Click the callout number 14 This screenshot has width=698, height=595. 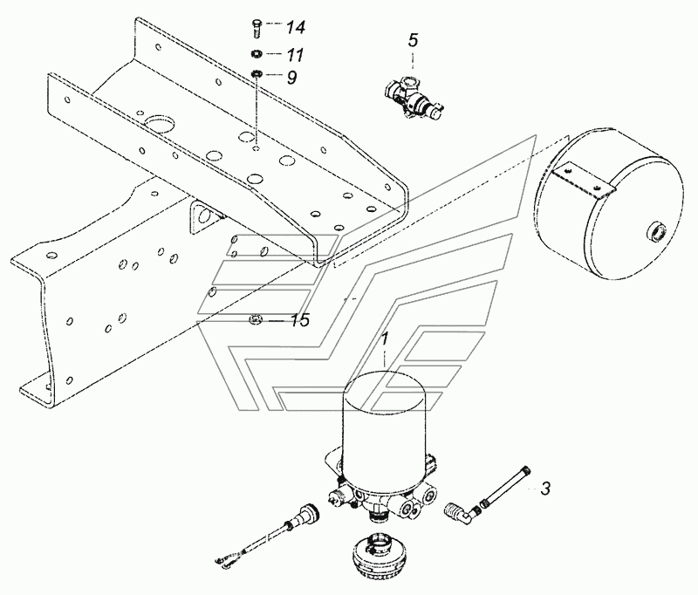point(295,27)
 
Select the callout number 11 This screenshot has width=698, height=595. point(294,55)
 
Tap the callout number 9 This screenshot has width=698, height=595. point(291,78)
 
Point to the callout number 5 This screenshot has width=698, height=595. point(413,40)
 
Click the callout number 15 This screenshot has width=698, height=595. point(300,320)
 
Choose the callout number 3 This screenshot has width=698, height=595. point(545,489)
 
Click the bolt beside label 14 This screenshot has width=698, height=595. point(257,28)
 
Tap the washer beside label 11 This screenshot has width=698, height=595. point(257,54)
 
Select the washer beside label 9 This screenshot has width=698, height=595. point(257,72)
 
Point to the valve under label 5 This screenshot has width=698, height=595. point(413,97)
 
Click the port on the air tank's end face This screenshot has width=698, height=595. point(656,232)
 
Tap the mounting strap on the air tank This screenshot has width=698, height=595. point(584,181)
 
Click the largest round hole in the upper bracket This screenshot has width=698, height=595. point(159,124)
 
